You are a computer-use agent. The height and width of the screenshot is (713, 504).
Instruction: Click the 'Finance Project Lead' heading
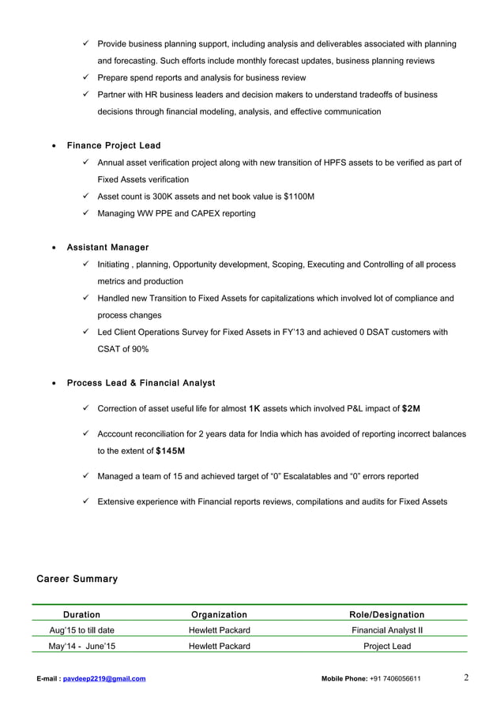pyautogui.click(x=113, y=146)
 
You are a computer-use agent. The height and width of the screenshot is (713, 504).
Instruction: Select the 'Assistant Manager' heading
pyautogui.click(x=107, y=248)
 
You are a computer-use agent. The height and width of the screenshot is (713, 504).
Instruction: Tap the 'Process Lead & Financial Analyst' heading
pyautogui.click(x=141, y=383)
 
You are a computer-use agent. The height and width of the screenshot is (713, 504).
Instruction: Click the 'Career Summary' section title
pyautogui.click(x=77, y=580)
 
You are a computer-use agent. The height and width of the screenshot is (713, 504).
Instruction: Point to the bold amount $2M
pyautogui.click(x=411, y=409)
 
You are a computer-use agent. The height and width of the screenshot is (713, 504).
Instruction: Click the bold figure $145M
pyautogui.click(x=171, y=451)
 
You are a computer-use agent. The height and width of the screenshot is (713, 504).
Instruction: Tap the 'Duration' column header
pyautogui.click(x=81, y=614)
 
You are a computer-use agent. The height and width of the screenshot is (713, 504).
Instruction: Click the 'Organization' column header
pyautogui.click(x=219, y=614)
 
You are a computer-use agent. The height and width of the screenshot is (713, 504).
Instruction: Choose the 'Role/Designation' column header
pyautogui.click(x=386, y=614)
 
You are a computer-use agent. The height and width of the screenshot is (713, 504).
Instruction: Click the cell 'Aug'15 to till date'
pyautogui.click(x=81, y=630)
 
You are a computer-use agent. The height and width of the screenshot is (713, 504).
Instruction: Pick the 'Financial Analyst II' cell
pyautogui.click(x=386, y=630)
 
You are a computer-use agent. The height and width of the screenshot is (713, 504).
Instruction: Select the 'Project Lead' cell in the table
pyautogui.click(x=386, y=646)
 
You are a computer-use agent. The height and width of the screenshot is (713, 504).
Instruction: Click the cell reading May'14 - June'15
pyautogui.click(x=81, y=646)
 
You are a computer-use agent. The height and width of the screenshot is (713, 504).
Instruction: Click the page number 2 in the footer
pyautogui.click(x=466, y=677)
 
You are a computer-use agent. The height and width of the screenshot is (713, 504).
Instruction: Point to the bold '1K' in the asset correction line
pyautogui.click(x=254, y=409)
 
